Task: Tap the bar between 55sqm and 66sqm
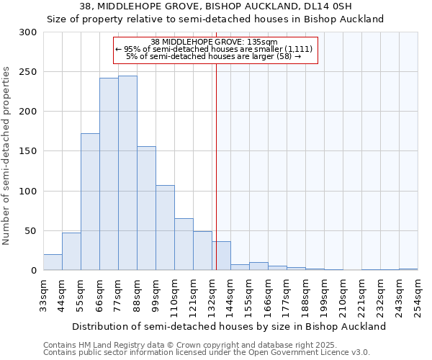pyautogui.click(x=90, y=202)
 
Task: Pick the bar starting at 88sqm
pyautogui.click(x=146, y=209)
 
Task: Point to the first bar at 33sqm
pyautogui.click(x=53, y=263)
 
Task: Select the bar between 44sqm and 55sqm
pyautogui.click(x=71, y=252)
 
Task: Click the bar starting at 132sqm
pyautogui.click(x=221, y=256)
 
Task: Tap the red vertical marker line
pyautogui.click(x=216, y=144)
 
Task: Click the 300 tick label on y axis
pyautogui.click(x=28, y=32)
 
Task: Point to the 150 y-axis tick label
pyautogui.click(x=28, y=151)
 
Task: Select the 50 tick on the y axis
pyautogui.click(x=31, y=231)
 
